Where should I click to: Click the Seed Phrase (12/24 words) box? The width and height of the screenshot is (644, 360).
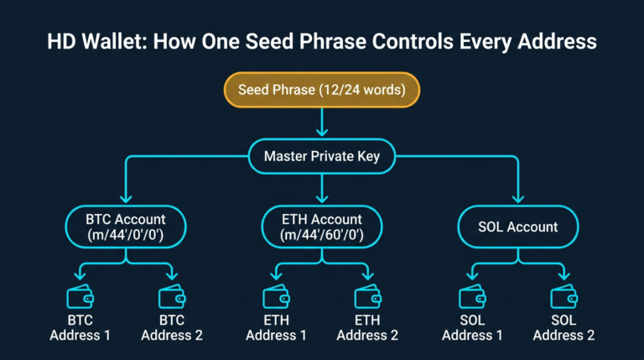[x=322, y=90]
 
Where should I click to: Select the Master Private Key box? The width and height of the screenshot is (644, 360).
[x=322, y=156]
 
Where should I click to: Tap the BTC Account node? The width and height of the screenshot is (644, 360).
[x=126, y=227]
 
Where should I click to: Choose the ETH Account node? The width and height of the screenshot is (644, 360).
[x=322, y=227]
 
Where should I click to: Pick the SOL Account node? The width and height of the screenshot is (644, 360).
[x=518, y=227]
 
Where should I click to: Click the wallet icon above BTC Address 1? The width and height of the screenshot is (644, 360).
[x=80, y=297]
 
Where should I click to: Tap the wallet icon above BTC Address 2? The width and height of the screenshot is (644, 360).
[x=171, y=297]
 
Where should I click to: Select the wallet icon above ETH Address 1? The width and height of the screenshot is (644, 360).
[x=276, y=297]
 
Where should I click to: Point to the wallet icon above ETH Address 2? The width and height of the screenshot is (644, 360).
[x=367, y=297]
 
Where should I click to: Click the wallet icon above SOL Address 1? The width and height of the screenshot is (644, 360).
[x=472, y=297]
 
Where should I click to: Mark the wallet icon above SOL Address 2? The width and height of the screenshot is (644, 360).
[x=563, y=297]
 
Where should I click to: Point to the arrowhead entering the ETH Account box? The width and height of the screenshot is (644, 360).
[x=322, y=200]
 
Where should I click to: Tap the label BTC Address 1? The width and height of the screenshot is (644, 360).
[x=80, y=328]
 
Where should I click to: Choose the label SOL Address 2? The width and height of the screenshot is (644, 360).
[x=563, y=328]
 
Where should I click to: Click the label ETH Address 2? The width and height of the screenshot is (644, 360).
[x=367, y=328]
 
